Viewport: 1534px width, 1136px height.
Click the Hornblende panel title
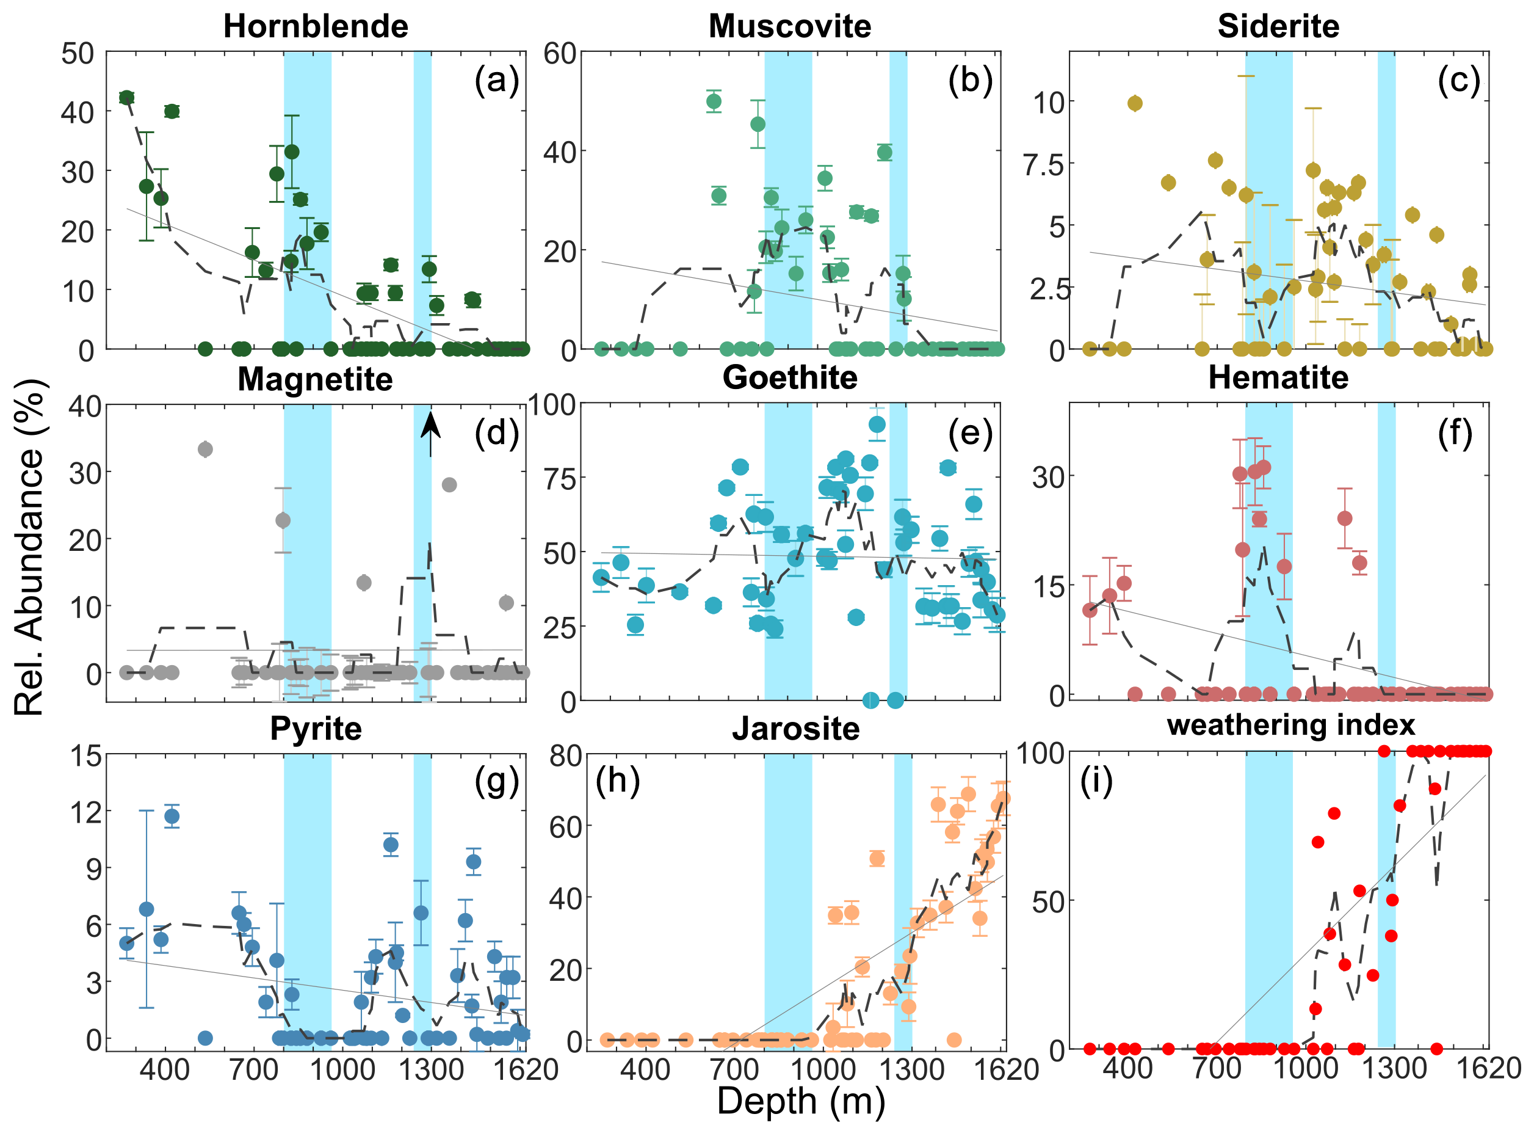coord(316,26)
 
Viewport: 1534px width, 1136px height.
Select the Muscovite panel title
coord(790,26)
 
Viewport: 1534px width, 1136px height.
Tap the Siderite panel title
coord(1278,26)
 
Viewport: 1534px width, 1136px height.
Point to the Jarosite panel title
coord(795,729)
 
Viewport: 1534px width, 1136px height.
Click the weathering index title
coord(1290,726)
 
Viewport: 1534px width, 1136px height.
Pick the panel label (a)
coord(496,81)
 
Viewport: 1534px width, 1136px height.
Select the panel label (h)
coord(617,781)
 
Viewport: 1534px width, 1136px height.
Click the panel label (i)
coord(1096,781)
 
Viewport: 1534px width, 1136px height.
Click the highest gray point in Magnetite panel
coord(205,449)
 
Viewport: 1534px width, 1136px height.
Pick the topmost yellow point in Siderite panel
coord(1135,103)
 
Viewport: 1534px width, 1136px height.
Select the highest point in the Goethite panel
coord(877,424)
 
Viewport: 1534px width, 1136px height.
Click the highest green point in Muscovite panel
coord(714,102)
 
